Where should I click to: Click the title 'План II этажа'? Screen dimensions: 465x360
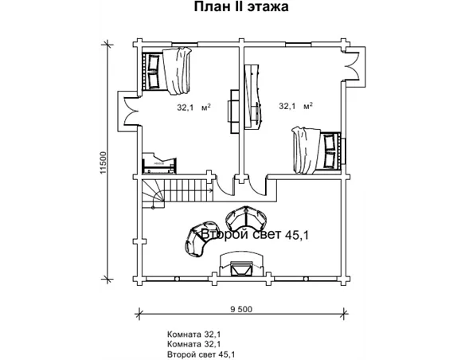(x=241, y=6)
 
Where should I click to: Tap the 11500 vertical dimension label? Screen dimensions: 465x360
(x=103, y=162)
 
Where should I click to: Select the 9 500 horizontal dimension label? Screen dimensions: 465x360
(x=241, y=309)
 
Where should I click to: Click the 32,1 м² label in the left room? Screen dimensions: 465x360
(x=193, y=107)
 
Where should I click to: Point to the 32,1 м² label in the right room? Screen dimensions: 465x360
(x=296, y=106)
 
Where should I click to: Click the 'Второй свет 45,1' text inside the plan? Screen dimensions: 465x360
(x=255, y=235)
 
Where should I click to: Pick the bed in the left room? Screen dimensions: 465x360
(x=166, y=71)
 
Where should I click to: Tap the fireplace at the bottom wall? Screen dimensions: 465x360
(x=241, y=264)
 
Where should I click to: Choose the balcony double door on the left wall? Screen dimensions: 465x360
(x=130, y=112)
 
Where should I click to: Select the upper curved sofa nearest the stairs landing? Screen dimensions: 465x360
(x=246, y=217)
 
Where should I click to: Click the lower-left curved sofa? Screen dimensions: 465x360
(x=197, y=241)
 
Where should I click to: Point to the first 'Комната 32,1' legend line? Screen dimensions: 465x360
(x=194, y=335)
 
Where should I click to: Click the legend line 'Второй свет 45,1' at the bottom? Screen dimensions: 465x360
(x=201, y=354)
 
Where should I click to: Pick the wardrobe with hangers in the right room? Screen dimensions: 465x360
(x=253, y=96)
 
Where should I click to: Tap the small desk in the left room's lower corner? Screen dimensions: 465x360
(x=159, y=163)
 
